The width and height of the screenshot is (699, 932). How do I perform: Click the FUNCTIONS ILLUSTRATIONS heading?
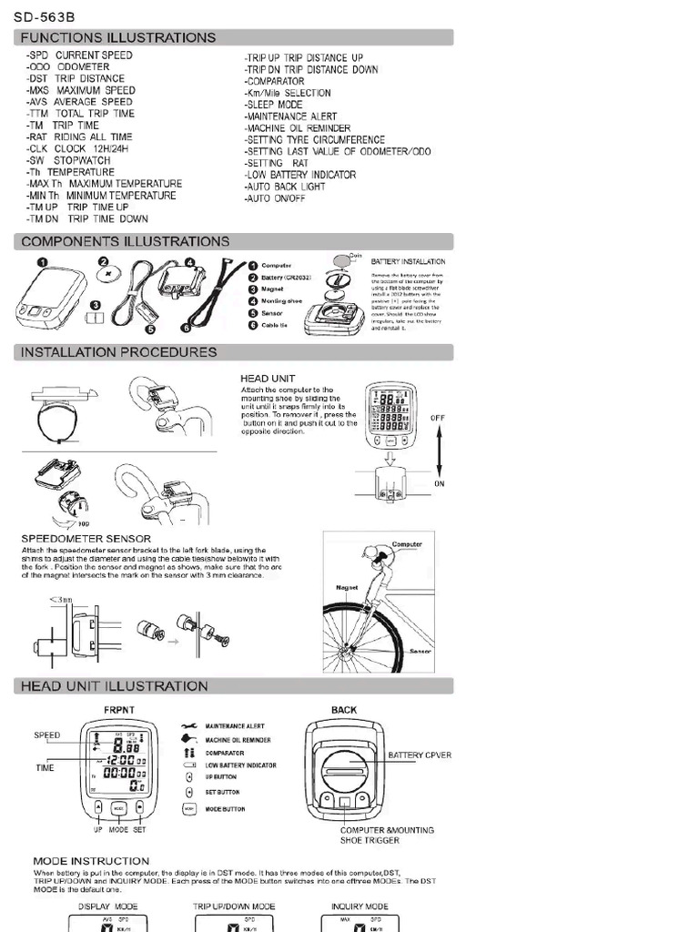click(x=118, y=37)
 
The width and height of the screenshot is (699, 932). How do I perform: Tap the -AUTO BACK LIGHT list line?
click(x=285, y=187)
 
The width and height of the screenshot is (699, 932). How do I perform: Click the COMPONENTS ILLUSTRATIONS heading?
click(x=125, y=241)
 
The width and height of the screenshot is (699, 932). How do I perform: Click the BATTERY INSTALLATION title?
click(x=408, y=261)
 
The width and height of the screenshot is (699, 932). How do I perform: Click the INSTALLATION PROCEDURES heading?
click(x=118, y=352)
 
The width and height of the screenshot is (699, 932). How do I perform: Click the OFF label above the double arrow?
click(x=439, y=419)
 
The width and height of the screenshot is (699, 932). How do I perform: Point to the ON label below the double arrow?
click(x=439, y=483)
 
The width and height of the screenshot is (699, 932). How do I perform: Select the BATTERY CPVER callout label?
click(x=420, y=755)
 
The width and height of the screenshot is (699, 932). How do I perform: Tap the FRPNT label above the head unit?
click(x=118, y=709)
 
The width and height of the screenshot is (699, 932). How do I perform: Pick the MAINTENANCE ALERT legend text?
click(x=236, y=726)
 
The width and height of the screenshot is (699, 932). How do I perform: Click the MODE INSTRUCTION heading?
click(x=91, y=860)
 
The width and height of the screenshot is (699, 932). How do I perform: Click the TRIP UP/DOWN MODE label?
click(x=234, y=907)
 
